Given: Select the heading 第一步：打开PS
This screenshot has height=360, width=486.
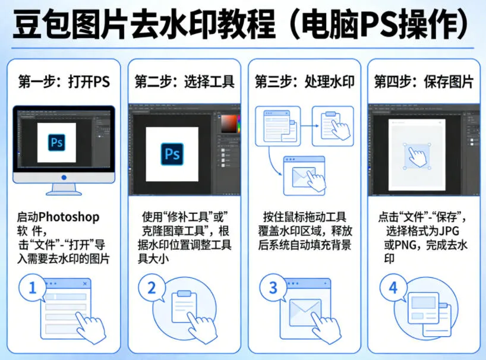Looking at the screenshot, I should pos(64,81).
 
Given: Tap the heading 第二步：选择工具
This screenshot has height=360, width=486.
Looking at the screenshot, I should pos(184,81).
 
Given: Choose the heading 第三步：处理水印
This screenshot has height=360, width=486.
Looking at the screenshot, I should pos(304,81).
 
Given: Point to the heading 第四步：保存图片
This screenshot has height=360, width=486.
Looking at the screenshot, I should pos(424,81).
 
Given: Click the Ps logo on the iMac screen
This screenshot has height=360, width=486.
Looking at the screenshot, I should pos(57,143).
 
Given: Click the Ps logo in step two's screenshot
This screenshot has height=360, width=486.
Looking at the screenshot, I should pos(172,154).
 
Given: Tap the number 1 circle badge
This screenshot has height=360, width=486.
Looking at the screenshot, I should pos(33,288).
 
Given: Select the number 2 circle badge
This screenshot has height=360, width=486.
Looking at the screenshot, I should pos(152,288).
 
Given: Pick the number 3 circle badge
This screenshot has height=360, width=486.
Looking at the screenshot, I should pos(273,288).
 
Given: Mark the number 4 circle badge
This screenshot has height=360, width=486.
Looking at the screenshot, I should pos(393,288).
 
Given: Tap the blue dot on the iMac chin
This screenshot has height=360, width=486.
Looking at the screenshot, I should pos(64,178).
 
